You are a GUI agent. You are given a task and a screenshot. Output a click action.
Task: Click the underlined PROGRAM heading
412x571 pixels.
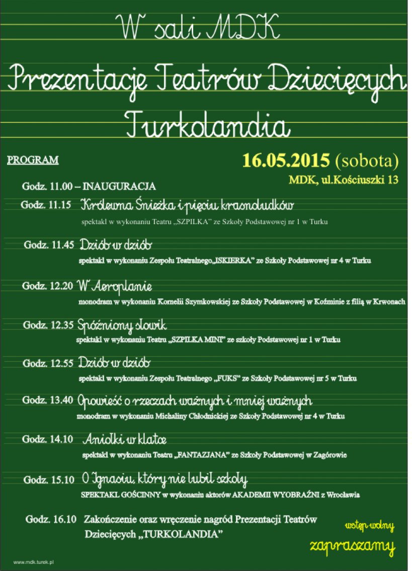tap(33, 161)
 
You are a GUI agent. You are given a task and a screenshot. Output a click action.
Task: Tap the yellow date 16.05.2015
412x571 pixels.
tap(286, 160)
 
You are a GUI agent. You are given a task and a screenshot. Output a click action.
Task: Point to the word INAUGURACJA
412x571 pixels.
tap(119, 186)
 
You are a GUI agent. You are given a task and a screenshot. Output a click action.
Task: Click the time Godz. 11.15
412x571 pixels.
tap(46, 205)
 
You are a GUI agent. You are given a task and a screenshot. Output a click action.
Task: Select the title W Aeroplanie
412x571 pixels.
tap(115, 286)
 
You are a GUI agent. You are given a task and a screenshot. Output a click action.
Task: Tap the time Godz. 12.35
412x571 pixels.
tap(48, 325)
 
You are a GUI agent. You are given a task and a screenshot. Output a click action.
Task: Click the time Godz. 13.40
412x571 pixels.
tap(48, 401)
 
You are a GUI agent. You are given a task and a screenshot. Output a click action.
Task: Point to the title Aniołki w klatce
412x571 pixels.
tap(125, 439)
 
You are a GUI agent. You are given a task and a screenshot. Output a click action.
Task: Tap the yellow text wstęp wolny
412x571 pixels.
tap(370, 527)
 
